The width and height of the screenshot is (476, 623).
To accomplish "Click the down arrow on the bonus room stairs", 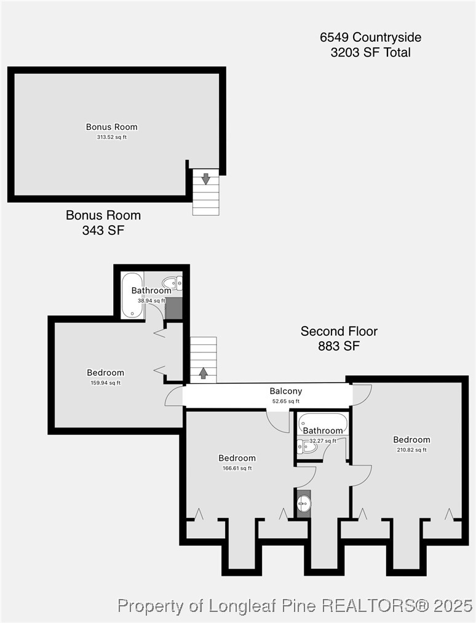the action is [205, 179].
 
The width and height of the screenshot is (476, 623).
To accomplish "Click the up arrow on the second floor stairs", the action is [203, 373].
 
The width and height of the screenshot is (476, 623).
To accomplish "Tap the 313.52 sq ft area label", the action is [112, 137].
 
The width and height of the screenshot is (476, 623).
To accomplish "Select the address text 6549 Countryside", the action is [371, 38].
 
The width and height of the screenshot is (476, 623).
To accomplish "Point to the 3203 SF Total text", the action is [371, 52].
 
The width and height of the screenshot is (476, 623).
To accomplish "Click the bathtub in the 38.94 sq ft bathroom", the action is [132, 295].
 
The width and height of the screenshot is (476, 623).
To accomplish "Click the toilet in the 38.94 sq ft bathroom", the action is [173, 283].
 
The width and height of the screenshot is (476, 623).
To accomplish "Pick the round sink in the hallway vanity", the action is [304, 504].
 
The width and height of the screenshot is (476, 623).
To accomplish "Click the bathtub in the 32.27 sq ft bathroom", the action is [323, 424].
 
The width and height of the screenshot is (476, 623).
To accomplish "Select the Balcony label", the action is [286, 391].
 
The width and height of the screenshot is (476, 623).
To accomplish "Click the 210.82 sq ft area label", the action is [411, 450].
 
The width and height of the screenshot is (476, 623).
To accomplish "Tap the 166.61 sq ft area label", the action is [237, 468].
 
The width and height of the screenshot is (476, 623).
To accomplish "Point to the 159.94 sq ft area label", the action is [106, 383].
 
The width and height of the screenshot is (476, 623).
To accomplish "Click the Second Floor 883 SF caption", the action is [339, 338].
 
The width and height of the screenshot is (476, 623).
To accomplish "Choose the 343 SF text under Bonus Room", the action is [103, 230].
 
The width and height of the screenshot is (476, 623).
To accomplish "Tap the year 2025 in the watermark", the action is [453, 606].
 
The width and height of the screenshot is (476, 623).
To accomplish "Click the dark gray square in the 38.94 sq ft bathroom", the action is [173, 308].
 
